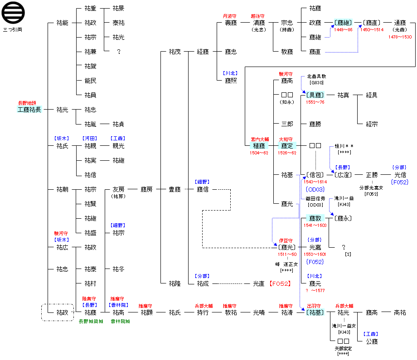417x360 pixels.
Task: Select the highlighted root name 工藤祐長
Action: point(29,110)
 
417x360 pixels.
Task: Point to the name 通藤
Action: point(400,23)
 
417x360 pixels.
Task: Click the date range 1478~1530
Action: point(400,37)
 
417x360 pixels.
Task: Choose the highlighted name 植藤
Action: point(259,146)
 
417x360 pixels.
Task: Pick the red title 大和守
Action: point(287,139)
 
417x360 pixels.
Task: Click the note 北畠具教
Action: point(316,77)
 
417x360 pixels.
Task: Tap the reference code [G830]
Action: point(316,82)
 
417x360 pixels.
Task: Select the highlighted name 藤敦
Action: point(315,218)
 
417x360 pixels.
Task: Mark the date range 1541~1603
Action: point(315,226)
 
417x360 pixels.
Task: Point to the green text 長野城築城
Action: point(91,321)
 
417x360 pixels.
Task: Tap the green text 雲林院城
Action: point(120,321)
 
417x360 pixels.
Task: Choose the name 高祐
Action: point(400,312)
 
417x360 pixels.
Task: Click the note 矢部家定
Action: point(343,348)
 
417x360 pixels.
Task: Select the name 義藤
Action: point(231,23)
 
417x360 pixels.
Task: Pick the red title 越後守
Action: point(258,16)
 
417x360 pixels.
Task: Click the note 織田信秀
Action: point(315,198)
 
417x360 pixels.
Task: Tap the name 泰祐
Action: point(118,23)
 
